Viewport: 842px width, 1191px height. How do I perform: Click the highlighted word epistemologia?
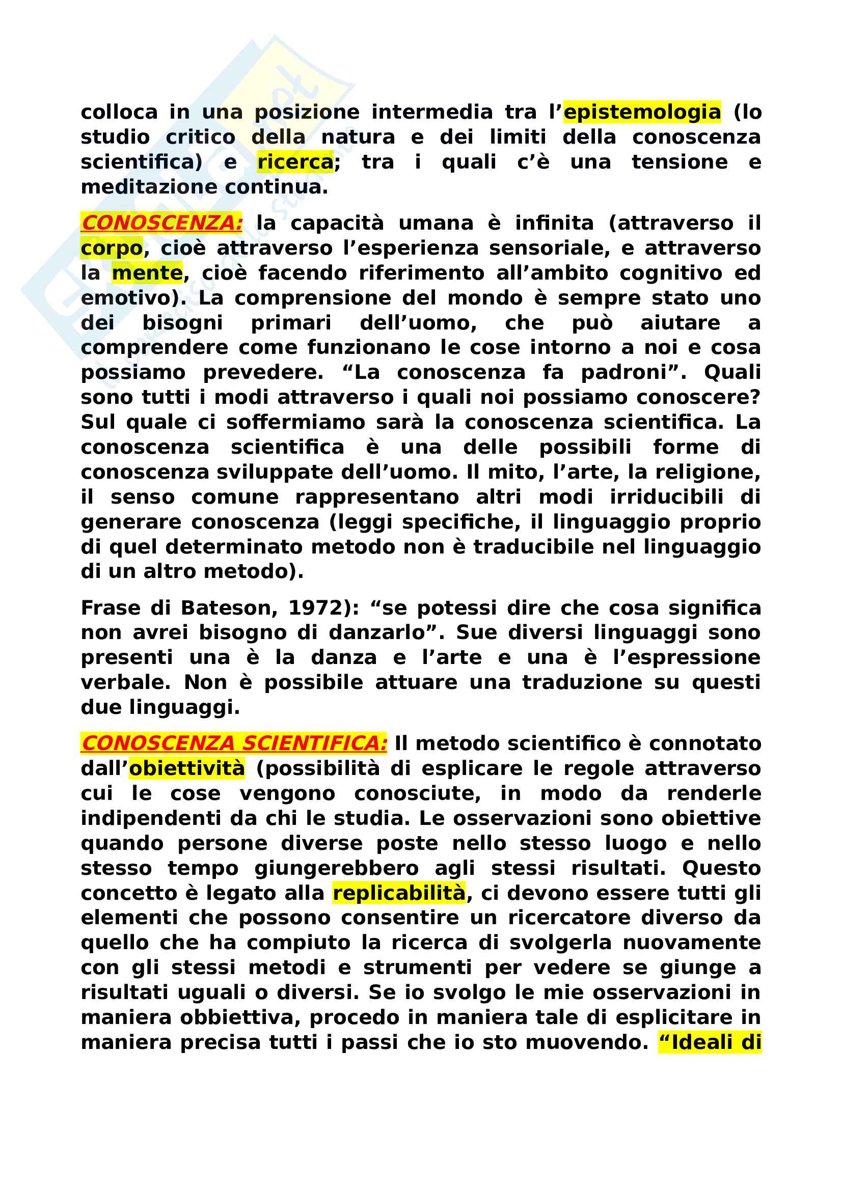(642, 112)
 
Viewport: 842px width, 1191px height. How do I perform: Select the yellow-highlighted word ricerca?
(295, 162)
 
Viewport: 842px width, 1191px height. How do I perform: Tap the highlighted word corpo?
(112, 248)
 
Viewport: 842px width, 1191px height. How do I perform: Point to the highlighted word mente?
(147, 273)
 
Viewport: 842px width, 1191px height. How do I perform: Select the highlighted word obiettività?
(187, 768)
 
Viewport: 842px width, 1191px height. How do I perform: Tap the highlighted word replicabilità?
(399, 893)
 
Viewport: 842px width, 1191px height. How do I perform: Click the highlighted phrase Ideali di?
(710, 1042)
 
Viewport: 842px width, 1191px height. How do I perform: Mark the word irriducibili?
(666, 497)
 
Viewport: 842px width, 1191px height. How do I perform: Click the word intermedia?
(431, 112)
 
